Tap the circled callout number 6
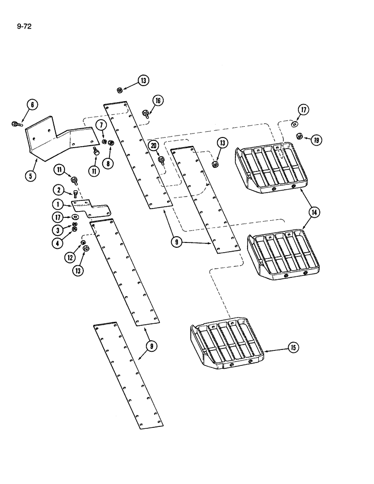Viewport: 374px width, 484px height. coord(32,105)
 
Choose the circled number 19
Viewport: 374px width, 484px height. coord(317,140)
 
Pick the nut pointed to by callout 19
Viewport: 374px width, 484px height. coord(299,136)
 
